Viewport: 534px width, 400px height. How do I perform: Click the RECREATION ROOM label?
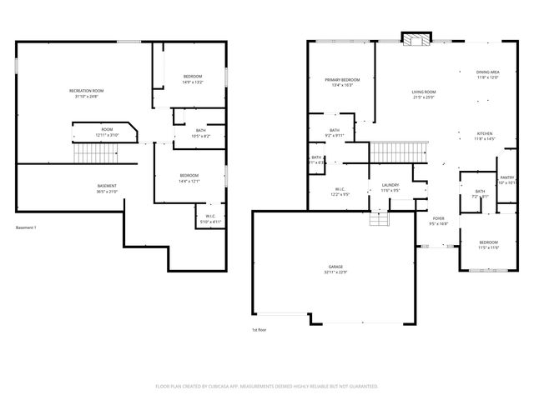coord(86,92)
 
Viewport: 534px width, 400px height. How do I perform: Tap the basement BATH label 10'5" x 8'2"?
coord(201,132)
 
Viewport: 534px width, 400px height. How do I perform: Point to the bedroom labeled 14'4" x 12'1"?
coord(189,178)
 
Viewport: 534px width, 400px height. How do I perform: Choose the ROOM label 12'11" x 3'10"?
coord(108,132)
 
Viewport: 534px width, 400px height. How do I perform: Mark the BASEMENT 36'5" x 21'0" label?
coord(107,188)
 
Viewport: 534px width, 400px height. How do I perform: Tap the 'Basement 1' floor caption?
coord(26,227)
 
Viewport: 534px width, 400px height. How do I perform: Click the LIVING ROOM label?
coord(424,94)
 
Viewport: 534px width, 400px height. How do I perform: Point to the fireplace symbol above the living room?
coord(415,39)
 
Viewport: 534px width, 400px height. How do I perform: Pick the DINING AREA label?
coord(488,74)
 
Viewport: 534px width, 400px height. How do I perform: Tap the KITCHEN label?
coord(485,136)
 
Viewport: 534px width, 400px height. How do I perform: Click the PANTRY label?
coord(506,179)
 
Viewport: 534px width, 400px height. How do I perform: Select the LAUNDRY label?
coord(390,187)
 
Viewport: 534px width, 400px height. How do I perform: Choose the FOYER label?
coord(438,221)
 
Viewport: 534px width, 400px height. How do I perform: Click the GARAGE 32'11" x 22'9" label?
coord(336,270)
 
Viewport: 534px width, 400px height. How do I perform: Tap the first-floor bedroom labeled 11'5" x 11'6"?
coord(488,244)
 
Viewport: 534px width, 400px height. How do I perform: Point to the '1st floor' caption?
coord(259,330)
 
